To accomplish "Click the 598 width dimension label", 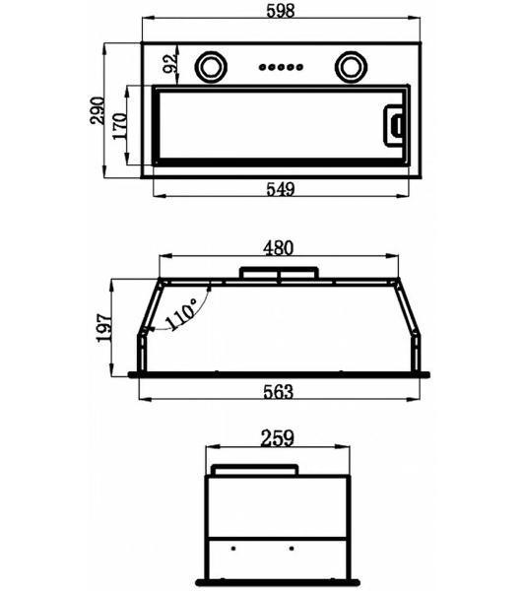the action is point(281,10).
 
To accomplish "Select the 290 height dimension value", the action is point(98,110).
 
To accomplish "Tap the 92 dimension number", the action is point(169,63).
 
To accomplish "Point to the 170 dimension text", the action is point(120,126).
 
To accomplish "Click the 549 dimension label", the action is point(281,189).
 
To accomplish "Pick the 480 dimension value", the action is point(279,248).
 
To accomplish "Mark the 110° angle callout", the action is point(181,313).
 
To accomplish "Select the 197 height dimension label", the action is point(104,328).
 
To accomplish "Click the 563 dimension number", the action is point(279,391).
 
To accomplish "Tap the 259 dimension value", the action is point(278,438).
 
